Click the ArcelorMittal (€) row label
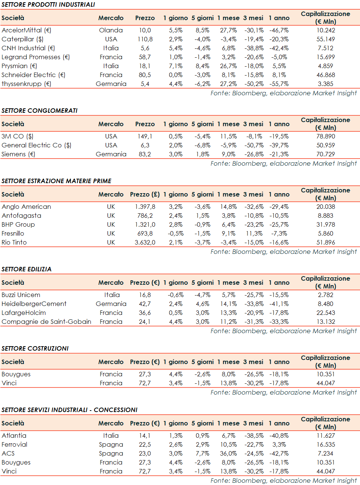point(26,30)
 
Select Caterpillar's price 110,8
point(145,39)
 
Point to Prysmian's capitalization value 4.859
point(325,66)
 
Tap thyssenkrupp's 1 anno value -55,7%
point(279,84)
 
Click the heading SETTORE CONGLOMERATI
point(39,111)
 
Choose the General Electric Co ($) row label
point(36,145)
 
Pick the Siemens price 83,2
point(145,154)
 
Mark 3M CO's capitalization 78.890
point(325,136)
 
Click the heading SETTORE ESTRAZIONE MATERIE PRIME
point(56,181)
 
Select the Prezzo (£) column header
point(145,194)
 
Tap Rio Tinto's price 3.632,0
point(145,242)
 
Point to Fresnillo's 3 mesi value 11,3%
point(254,233)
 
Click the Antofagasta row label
point(22,216)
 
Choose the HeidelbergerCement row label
point(34,304)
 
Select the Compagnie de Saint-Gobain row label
point(47,322)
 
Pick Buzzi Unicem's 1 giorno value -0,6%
point(176,295)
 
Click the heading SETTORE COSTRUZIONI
point(35,348)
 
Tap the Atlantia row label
point(14,435)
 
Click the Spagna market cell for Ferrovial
point(111,444)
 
